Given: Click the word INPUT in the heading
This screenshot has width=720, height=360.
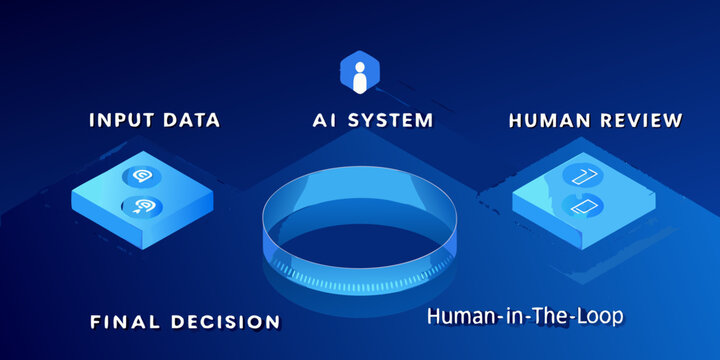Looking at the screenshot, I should [120, 121].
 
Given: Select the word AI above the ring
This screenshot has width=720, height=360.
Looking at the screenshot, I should [323, 121].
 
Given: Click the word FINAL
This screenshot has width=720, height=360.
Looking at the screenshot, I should [125, 322].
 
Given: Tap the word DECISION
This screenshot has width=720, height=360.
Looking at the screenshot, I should [224, 322].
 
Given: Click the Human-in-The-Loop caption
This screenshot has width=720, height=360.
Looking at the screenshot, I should [525, 316].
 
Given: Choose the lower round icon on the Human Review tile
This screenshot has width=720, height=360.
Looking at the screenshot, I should [579, 206].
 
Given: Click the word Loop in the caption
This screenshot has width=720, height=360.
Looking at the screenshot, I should [600, 316].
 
